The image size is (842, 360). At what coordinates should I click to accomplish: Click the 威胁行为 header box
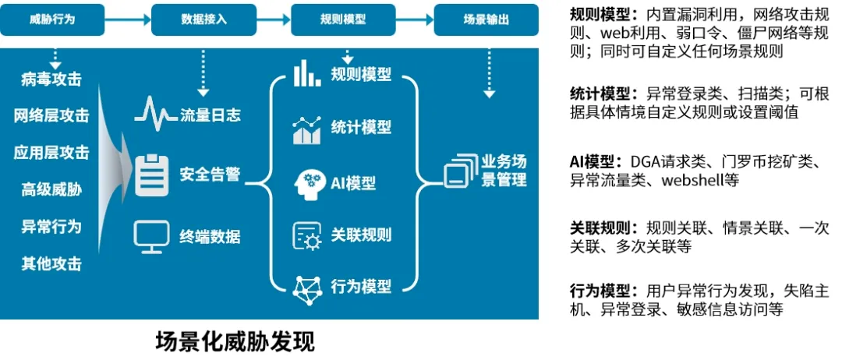(x=53, y=19)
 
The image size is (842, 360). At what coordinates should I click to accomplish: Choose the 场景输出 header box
(x=487, y=19)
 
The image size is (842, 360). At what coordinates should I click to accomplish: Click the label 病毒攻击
(x=51, y=79)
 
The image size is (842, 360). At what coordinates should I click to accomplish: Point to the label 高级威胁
(x=51, y=189)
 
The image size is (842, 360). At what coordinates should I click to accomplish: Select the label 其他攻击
(x=51, y=263)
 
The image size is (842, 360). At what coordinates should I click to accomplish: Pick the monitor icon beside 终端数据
(x=151, y=236)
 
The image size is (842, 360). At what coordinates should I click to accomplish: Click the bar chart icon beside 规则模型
(x=306, y=74)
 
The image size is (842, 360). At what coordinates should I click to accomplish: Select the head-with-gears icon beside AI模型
(x=306, y=184)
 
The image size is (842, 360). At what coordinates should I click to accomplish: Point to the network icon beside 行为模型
(x=306, y=288)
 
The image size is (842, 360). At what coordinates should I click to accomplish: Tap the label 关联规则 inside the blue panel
(x=361, y=235)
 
